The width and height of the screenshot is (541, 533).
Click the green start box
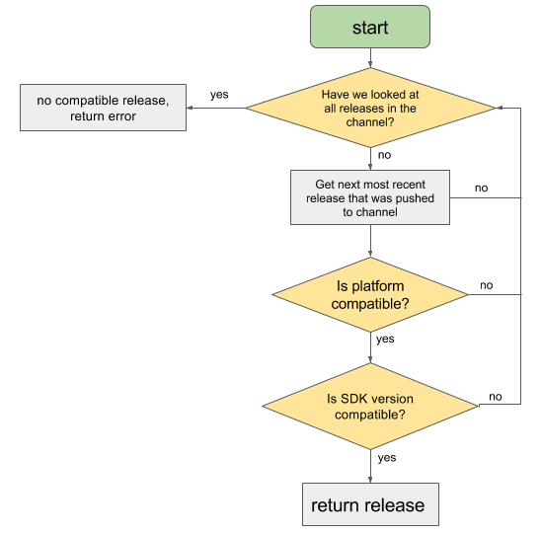[x=370, y=27]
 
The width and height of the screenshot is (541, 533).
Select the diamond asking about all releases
[x=370, y=108]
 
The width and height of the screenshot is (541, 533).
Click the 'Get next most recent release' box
[x=370, y=196]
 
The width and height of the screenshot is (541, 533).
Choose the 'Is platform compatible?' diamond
[x=370, y=294]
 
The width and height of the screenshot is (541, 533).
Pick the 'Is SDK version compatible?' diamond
[x=370, y=406]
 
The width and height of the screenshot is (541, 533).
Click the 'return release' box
[x=367, y=505]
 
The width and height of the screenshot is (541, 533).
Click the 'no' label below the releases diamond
[x=385, y=155]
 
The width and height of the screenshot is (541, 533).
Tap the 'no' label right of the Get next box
[x=481, y=188]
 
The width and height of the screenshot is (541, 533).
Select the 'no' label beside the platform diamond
[x=486, y=285]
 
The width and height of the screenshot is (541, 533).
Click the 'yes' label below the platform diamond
[x=385, y=339]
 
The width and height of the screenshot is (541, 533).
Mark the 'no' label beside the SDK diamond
[x=495, y=396]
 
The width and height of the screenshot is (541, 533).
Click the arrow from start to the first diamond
[x=370, y=59]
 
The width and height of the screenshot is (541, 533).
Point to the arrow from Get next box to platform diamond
[x=370, y=242]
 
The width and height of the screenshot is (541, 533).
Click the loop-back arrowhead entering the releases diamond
[x=502, y=108]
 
